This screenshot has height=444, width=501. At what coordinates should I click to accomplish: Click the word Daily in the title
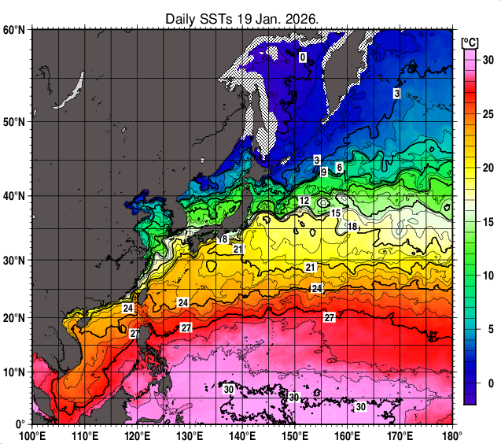(x=181, y=19)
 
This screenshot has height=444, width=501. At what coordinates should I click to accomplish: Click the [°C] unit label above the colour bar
(x=471, y=42)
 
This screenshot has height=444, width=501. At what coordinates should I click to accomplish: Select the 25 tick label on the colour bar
(x=487, y=115)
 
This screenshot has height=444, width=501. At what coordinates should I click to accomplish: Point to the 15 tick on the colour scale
(x=487, y=222)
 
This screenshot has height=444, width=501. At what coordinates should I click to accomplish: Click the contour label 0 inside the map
(x=303, y=57)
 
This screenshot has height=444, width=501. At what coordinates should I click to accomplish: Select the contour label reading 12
(x=304, y=202)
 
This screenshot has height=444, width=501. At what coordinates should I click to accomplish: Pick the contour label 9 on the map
(x=324, y=172)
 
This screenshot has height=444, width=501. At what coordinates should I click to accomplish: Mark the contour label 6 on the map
(x=339, y=167)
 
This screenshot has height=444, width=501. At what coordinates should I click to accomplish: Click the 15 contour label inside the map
(x=335, y=213)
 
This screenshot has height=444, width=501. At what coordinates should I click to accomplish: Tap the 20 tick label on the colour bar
(x=487, y=168)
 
